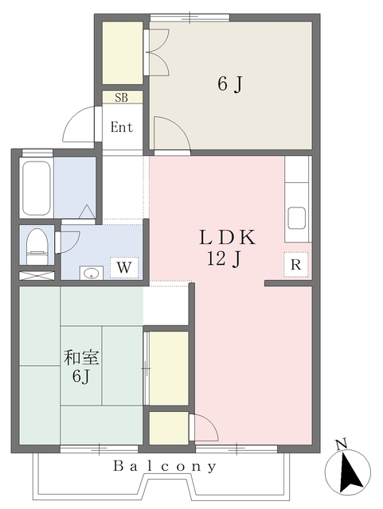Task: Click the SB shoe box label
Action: point(122,98)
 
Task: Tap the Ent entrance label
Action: point(122,127)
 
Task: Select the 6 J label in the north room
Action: point(229,83)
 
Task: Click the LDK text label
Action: point(226,237)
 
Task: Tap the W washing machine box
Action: point(123,267)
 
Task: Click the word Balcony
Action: point(164,467)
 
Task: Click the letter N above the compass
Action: point(340,444)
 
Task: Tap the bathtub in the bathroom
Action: point(37,188)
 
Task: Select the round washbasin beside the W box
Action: point(92,273)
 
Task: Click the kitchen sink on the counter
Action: point(297,217)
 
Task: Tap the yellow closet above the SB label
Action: point(122,53)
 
